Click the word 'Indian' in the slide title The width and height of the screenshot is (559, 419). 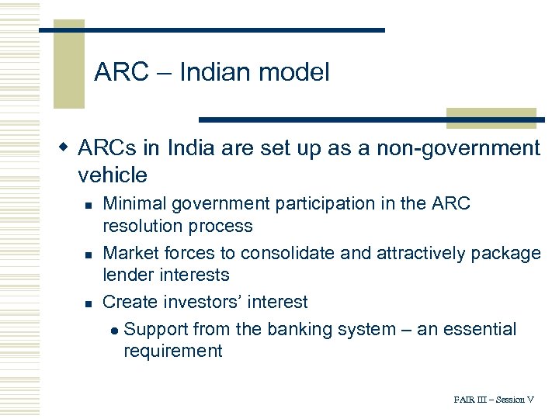click(215, 73)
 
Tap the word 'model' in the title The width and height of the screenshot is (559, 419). click(294, 73)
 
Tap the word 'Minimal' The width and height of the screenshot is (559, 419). click(135, 204)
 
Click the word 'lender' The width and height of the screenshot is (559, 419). click(128, 275)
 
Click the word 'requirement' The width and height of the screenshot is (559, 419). click(173, 351)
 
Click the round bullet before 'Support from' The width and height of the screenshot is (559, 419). click(114, 330)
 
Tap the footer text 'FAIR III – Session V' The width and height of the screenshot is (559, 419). click(494, 400)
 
